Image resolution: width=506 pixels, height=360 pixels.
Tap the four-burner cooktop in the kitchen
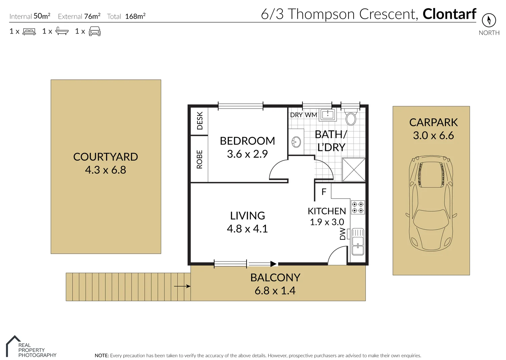click(x=358, y=207)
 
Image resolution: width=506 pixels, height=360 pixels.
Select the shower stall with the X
click(x=354, y=170)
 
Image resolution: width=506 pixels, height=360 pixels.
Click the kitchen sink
click(x=358, y=242)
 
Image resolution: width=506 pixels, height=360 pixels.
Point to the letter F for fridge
click(x=324, y=192)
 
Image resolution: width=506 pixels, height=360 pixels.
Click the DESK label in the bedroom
click(x=200, y=121)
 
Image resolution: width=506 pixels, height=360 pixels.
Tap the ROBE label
click(x=199, y=159)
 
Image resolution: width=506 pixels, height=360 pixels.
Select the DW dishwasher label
click(x=343, y=234)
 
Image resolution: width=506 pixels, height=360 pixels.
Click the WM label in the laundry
click(x=311, y=115)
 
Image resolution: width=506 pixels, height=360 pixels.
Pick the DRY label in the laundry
click(x=297, y=115)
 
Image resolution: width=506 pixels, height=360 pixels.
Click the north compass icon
click(x=489, y=20)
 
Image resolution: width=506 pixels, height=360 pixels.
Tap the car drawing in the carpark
click(x=431, y=203)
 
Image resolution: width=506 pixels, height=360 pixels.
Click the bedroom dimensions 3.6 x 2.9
click(x=247, y=154)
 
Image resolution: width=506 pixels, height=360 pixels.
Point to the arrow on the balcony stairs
click(x=182, y=286)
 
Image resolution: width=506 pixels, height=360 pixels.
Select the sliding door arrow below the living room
click(x=263, y=264)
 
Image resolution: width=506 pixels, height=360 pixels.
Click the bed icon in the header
click(x=29, y=31)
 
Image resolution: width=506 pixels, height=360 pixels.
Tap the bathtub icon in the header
click(x=62, y=31)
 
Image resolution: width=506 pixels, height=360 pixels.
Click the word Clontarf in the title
click(x=450, y=14)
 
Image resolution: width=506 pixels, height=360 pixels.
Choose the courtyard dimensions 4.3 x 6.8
click(x=105, y=170)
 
